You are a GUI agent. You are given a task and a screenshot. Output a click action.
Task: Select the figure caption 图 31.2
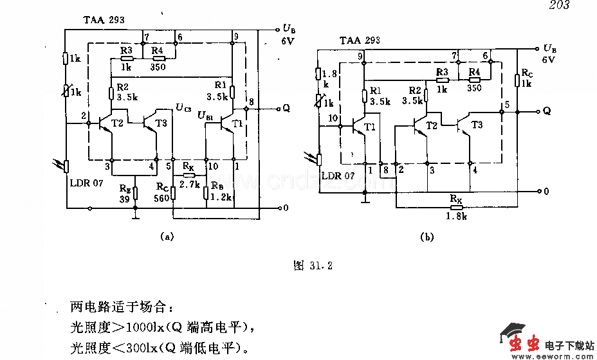click(x=313, y=265)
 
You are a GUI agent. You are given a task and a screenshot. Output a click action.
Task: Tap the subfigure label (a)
click(x=167, y=236)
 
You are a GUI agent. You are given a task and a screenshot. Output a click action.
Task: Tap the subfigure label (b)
click(x=427, y=237)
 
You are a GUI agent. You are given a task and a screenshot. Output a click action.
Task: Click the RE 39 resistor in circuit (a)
click(x=135, y=194)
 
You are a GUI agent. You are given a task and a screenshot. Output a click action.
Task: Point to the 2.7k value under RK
click(x=188, y=184)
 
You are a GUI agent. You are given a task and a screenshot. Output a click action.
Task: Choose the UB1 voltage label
click(x=206, y=116)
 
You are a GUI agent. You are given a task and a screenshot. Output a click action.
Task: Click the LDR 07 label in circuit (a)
click(x=88, y=183)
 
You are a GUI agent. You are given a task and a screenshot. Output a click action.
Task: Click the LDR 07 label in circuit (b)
click(x=338, y=175)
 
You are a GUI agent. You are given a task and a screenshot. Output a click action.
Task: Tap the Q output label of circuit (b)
click(x=547, y=111)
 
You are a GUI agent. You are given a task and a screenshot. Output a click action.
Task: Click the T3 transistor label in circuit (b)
click(x=477, y=125)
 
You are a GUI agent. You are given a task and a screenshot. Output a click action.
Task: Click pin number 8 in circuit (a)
click(x=251, y=102)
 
